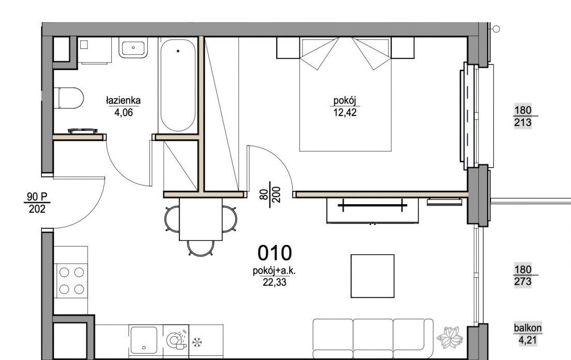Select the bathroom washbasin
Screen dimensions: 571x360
click(x=133, y=47)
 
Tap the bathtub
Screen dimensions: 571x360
click(x=178, y=85)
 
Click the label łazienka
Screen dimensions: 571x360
click(x=123, y=100)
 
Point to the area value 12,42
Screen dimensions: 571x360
click(x=345, y=113)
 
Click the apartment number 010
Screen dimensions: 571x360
click(x=275, y=253)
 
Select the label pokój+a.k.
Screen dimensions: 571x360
click(x=274, y=271)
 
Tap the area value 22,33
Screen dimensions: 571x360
click(x=275, y=282)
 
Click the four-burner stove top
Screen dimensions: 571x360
click(x=71, y=281)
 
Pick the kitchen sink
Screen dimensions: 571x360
click(x=144, y=340)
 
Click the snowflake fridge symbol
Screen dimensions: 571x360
click(x=197, y=342)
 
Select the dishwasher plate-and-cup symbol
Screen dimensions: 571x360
click(x=177, y=340)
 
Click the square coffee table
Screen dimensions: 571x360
click(x=373, y=276)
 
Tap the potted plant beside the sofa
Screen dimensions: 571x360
click(x=449, y=337)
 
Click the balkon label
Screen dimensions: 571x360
click(x=528, y=328)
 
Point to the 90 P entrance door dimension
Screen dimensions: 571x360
click(x=37, y=203)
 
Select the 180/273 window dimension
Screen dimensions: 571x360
click(x=523, y=275)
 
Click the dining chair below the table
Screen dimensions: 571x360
click(x=200, y=248)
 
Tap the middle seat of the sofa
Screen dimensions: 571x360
click(x=373, y=338)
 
